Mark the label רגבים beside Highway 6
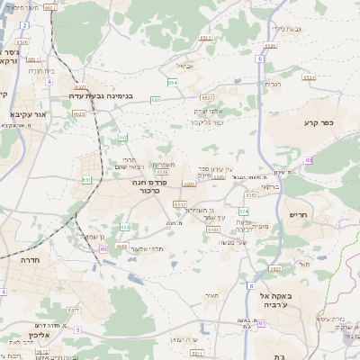[274, 84]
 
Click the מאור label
[211, 295]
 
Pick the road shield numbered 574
[242, 211]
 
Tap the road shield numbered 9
[78, 329]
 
